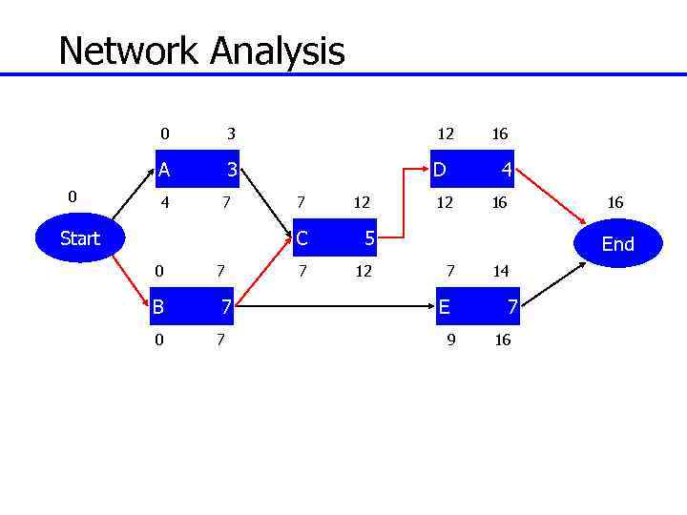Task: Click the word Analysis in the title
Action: (x=278, y=51)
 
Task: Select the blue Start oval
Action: (x=80, y=238)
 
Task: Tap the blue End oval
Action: (x=617, y=244)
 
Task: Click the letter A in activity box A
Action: (x=164, y=171)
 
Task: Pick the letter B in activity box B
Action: (x=158, y=307)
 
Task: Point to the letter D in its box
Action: (x=439, y=171)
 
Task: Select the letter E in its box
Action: (x=445, y=307)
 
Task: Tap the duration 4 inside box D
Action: (x=507, y=171)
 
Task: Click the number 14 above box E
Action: (x=501, y=271)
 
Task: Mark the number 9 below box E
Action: (x=451, y=340)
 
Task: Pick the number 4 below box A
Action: (x=164, y=202)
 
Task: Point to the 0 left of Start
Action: (x=72, y=196)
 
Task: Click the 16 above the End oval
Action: (x=614, y=202)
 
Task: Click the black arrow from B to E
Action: (x=334, y=307)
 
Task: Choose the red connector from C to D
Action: (x=406, y=205)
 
